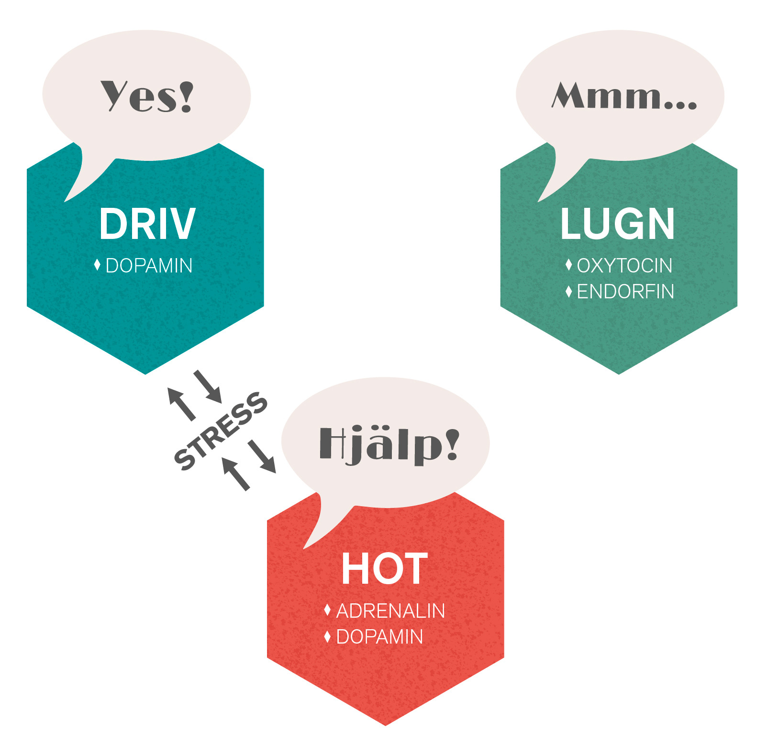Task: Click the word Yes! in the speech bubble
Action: (x=147, y=96)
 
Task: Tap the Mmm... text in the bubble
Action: (x=624, y=96)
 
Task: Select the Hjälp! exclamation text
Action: (x=389, y=445)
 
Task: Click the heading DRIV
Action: (x=147, y=224)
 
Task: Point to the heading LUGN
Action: (x=618, y=224)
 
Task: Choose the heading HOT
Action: (x=384, y=569)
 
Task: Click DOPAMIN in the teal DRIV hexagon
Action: (x=149, y=266)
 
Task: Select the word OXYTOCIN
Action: (x=624, y=266)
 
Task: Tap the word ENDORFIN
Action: (x=625, y=292)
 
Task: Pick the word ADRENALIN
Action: (x=390, y=611)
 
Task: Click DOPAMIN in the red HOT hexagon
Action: (x=379, y=637)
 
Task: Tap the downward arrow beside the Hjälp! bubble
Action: (x=263, y=456)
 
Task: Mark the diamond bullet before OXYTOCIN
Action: (x=568, y=265)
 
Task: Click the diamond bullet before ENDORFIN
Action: (x=568, y=291)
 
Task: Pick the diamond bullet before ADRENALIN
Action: (x=327, y=610)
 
